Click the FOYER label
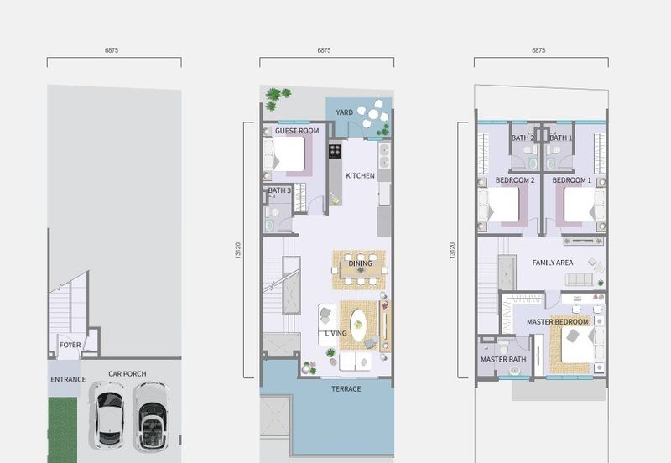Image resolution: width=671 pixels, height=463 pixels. click(x=70, y=345)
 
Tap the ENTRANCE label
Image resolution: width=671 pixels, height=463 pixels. click(x=68, y=380)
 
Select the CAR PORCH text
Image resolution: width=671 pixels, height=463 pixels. click(x=127, y=374)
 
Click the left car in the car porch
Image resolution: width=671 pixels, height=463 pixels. click(x=107, y=415)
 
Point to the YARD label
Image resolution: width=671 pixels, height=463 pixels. click(x=344, y=112)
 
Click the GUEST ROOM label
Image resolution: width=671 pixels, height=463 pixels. click(x=297, y=131)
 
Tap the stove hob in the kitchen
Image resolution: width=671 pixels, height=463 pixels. click(x=335, y=151)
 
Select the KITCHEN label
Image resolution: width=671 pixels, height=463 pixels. click(x=360, y=176)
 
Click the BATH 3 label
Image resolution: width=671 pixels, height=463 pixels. click(x=279, y=190)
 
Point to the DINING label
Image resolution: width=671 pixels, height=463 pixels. click(x=360, y=263)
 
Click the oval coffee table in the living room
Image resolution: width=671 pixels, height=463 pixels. click(x=358, y=325)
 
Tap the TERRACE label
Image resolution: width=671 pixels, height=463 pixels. click(x=346, y=389)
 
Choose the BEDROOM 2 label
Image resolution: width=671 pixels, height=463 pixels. click(x=515, y=180)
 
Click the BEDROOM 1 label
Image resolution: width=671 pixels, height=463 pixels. click(x=571, y=180)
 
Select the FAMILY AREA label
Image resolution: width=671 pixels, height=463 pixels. click(x=553, y=263)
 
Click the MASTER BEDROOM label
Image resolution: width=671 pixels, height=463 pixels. click(x=557, y=322)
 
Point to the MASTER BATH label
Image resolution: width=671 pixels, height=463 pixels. click(x=503, y=360)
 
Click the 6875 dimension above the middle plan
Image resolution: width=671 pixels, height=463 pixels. click(x=324, y=50)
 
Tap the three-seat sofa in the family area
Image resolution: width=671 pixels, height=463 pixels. click(x=579, y=280)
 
